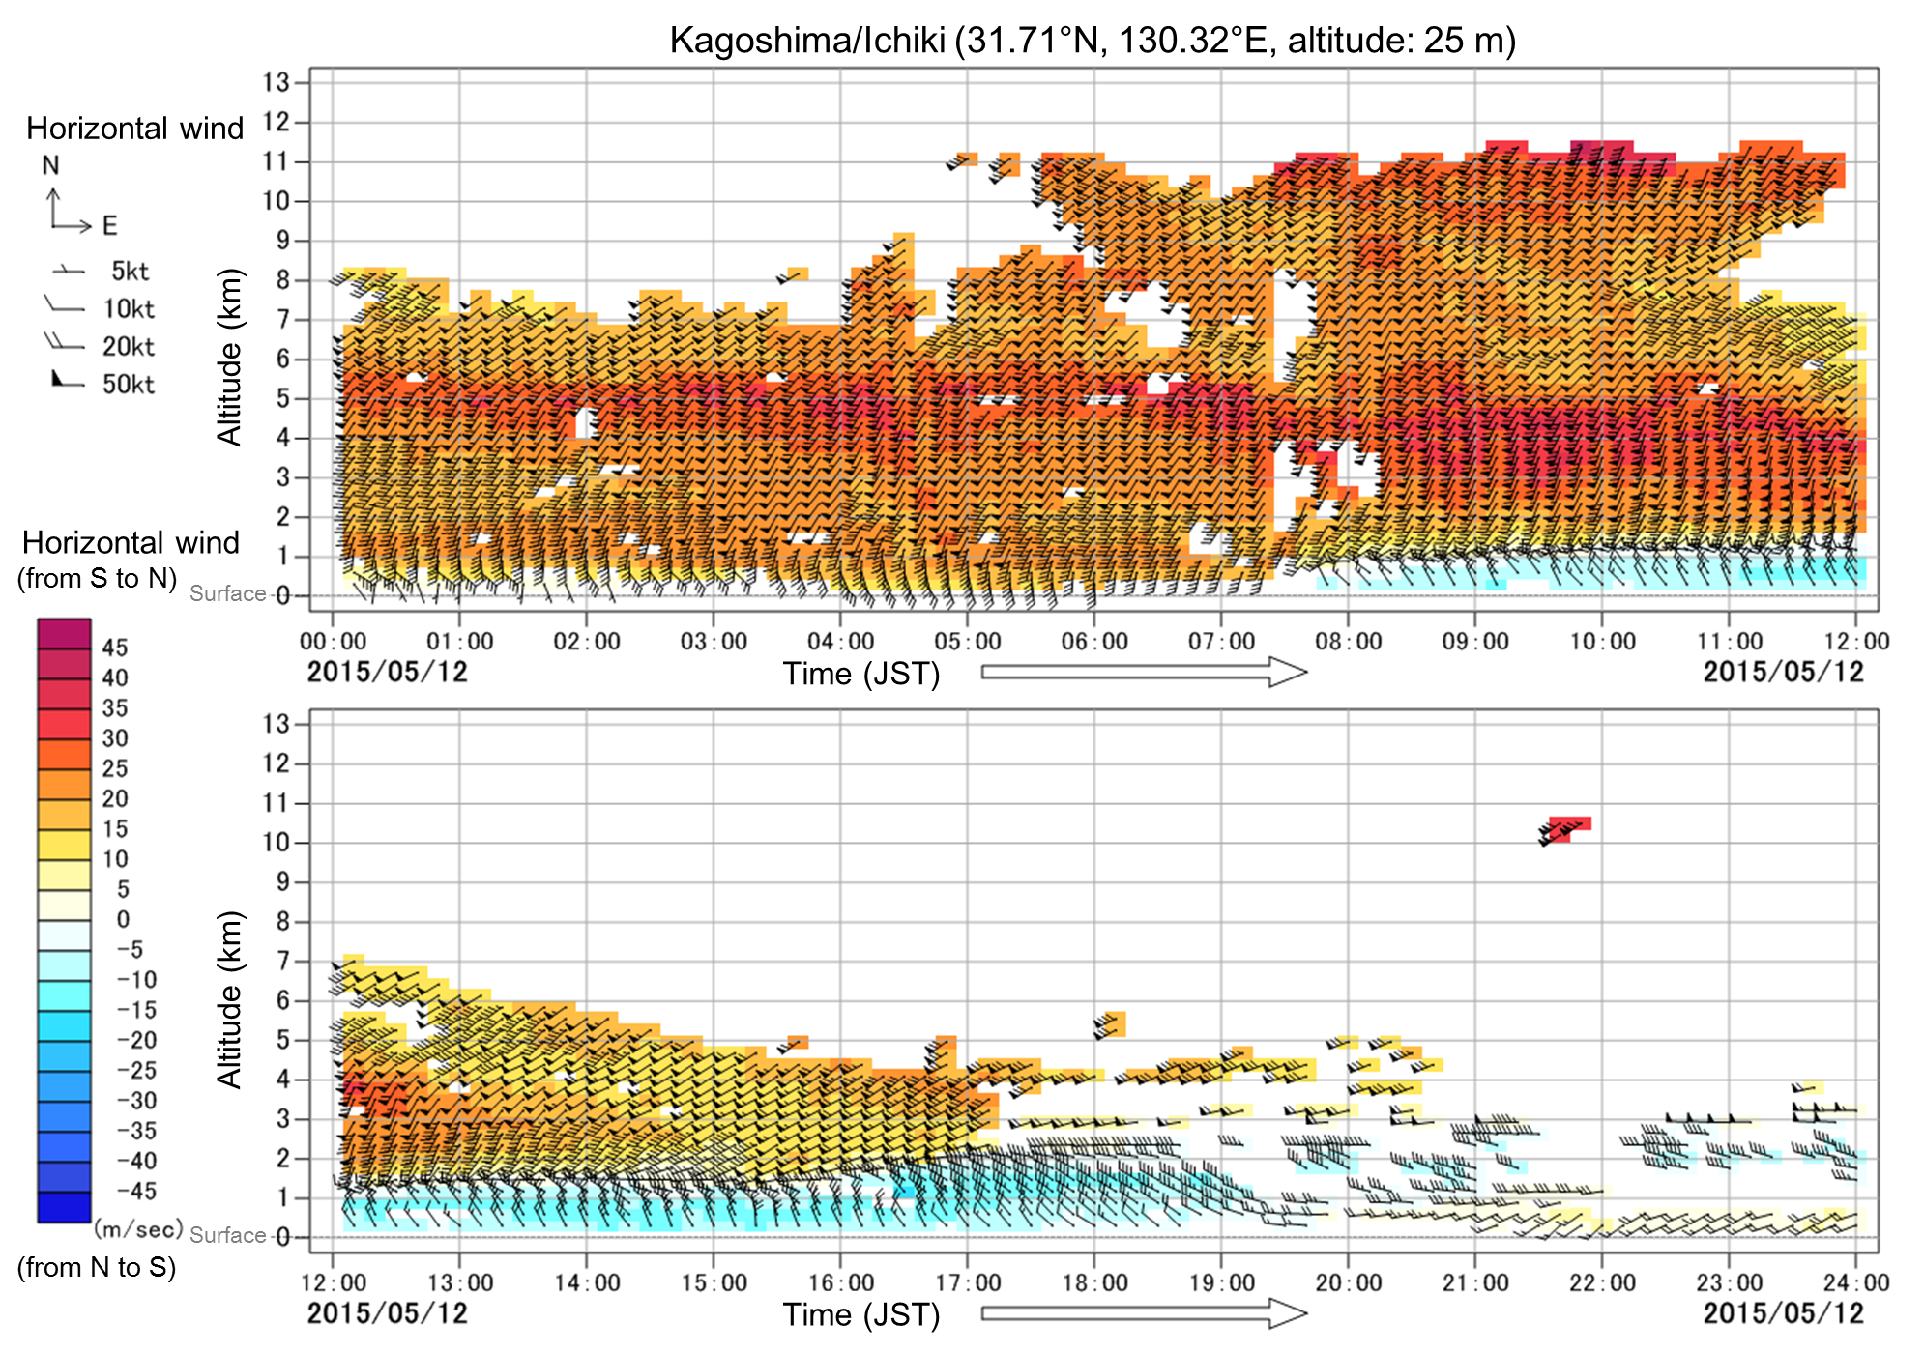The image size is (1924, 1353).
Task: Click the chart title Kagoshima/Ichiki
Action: pos(1093,40)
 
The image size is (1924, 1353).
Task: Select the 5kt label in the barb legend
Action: pos(130,272)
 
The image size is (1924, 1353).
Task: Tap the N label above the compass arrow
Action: pos(51,165)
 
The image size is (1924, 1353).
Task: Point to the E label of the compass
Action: pos(109,226)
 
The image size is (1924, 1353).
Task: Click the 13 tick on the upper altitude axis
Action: pos(277,82)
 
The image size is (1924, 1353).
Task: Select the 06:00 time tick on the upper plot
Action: pos(1094,642)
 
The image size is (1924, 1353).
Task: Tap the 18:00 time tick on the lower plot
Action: pos(1094,1283)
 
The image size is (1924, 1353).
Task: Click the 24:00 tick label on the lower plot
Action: pos(1855,1283)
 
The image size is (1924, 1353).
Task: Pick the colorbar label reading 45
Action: pos(115,648)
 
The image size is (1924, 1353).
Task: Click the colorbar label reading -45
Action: pos(135,1192)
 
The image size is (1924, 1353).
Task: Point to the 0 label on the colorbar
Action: pos(123,919)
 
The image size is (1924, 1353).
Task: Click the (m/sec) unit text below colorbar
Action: pos(138,1229)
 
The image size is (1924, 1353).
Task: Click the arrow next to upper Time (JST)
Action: pos(1144,672)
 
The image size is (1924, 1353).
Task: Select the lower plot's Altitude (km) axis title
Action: pos(228,999)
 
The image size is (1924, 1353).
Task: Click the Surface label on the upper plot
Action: pos(227,593)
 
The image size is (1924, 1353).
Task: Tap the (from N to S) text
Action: pos(97,1267)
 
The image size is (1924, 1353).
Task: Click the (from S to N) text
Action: pos(97,578)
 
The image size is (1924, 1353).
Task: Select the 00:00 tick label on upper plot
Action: pos(333,642)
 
